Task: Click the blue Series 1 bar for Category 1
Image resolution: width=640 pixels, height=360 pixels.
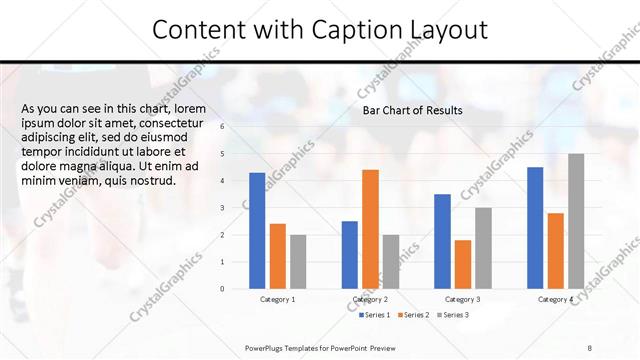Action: [x=257, y=230]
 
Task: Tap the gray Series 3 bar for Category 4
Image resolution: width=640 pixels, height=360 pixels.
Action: [x=575, y=221]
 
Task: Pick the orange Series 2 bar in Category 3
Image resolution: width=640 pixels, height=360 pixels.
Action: [x=462, y=264]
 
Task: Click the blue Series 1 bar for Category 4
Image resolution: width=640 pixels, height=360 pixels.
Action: [x=535, y=227]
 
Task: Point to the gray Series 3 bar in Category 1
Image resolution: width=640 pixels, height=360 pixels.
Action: [x=298, y=261]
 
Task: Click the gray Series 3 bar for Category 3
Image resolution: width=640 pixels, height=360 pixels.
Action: [x=483, y=248]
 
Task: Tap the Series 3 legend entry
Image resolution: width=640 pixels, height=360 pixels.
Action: [x=451, y=315]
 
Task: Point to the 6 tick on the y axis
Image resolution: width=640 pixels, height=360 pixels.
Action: [x=222, y=126]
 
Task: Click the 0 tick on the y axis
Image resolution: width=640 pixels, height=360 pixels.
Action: [x=222, y=289]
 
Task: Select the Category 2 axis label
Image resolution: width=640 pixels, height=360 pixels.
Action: [x=371, y=299]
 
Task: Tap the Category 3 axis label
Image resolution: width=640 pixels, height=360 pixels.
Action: [x=462, y=299]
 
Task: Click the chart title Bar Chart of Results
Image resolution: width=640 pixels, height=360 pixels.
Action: [x=412, y=110]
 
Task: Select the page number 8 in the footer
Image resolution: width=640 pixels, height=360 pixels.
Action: [x=590, y=347]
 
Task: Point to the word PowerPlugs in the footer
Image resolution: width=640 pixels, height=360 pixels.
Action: [x=266, y=347]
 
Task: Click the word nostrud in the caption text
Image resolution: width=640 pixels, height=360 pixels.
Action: [x=155, y=181]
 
